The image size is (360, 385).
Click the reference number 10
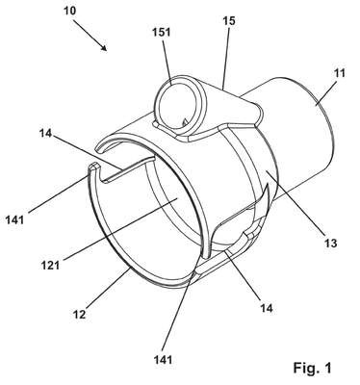click(69, 11)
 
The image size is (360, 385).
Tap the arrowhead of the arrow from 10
click(103, 47)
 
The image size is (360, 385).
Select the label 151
click(162, 33)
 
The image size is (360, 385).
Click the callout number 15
click(229, 21)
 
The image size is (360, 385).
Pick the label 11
click(339, 73)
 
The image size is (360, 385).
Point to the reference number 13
click(330, 244)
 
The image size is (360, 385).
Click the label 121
click(50, 265)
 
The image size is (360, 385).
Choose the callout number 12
click(80, 315)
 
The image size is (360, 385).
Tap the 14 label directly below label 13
click(267, 309)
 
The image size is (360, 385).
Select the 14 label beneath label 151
click(45, 133)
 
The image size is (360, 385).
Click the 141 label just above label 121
click(14, 219)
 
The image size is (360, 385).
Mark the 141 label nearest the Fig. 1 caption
click(163, 360)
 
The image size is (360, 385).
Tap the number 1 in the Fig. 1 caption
click(327, 368)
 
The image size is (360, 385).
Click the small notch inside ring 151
click(185, 122)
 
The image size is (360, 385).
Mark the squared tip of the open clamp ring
click(93, 167)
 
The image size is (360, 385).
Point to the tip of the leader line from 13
click(266, 171)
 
